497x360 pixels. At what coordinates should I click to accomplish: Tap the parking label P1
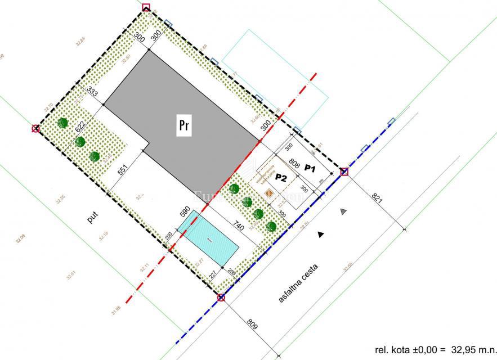point(311,168)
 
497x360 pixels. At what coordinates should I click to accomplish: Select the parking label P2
point(281,177)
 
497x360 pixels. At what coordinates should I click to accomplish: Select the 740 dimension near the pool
point(238,228)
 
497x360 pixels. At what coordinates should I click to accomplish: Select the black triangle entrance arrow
point(321,234)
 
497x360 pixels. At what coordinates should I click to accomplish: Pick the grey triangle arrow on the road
point(343,211)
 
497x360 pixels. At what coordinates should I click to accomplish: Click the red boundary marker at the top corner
point(147,7)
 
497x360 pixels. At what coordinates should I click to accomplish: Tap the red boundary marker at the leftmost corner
point(36,129)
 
